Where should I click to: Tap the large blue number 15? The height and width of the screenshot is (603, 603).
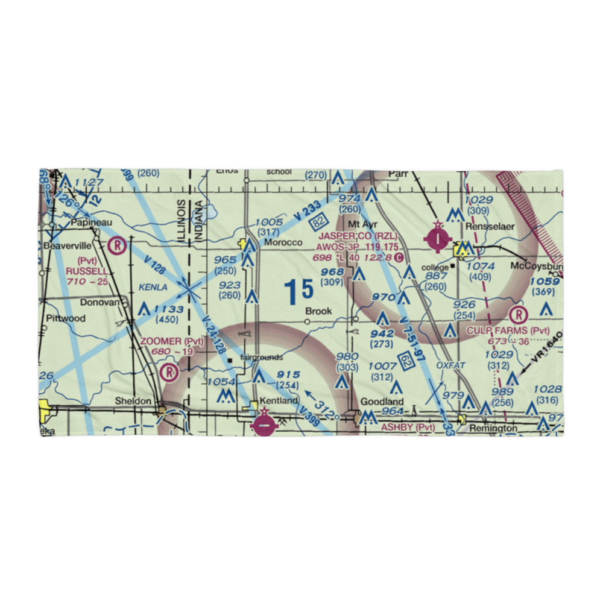click(299, 291)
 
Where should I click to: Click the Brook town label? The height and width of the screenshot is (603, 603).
click(318, 311)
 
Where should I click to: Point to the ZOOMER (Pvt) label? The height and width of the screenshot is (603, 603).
click(172, 341)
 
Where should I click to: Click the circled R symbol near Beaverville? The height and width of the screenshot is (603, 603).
click(118, 245)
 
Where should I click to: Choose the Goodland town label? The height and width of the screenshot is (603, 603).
click(382, 402)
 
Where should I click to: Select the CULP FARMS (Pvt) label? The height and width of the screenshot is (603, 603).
click(508, 331)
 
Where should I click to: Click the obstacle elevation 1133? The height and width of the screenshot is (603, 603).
click(168, 309)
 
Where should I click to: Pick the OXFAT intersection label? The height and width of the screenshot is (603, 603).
click(451, 365)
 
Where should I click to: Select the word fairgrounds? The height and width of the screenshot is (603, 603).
click(261, 358)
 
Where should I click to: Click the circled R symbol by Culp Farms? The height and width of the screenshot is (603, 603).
click(517, 314)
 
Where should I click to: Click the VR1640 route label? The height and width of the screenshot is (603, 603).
click(546, 349)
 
